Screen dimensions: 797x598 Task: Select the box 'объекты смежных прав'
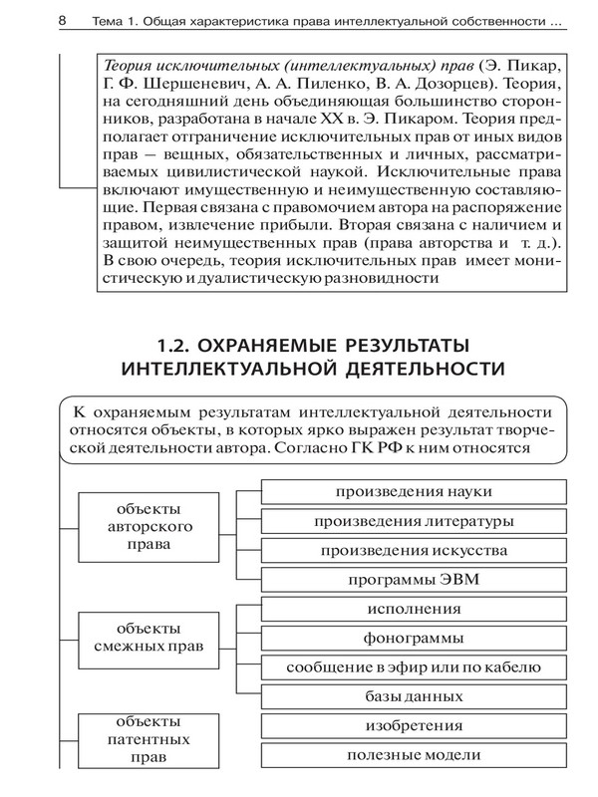[x=154, y=638]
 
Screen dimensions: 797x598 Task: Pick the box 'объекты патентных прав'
[x=154, y=738]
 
